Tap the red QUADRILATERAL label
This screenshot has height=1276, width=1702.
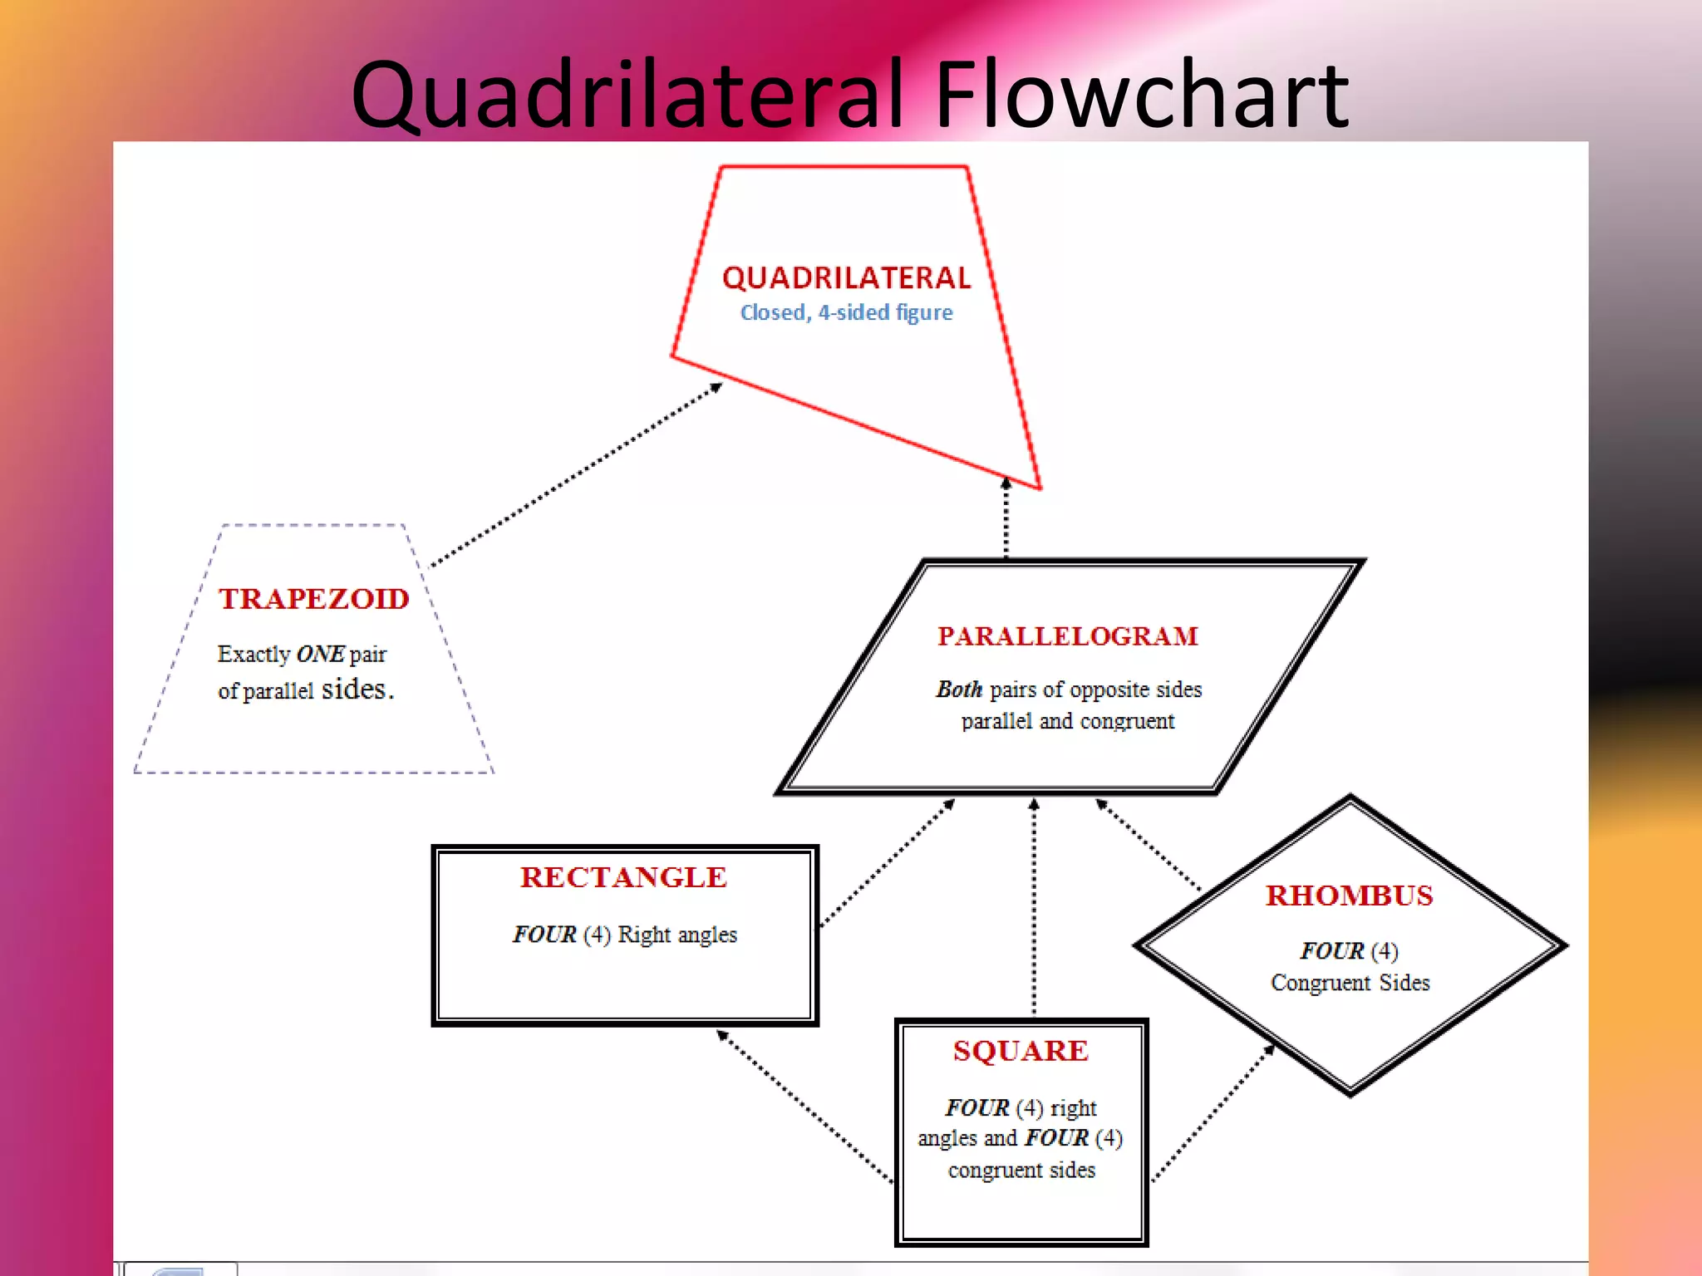pos(846,278)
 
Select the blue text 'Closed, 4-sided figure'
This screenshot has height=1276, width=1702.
pos(846,313)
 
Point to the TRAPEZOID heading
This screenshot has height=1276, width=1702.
pos(314,599)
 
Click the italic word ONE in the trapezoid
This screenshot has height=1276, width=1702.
pos(320,655)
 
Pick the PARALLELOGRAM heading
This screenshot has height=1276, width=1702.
pos(1068,636)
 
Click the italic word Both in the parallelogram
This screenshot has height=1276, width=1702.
pos(959,690)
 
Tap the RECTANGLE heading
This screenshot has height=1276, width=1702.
pos(624,877)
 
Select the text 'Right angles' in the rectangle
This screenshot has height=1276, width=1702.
pos(677,935)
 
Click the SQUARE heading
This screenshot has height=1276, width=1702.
pos(1021,1051)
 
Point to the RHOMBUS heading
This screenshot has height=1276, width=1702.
pos(1350,896)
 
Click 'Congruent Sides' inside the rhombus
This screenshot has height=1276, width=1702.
pos(1350,983)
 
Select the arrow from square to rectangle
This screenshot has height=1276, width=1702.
pos(804,1106)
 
